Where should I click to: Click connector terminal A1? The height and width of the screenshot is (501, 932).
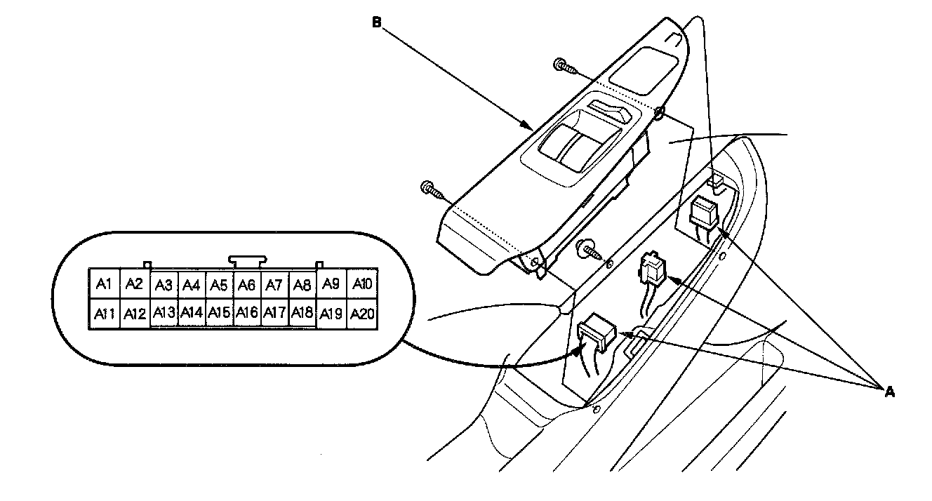coord(104,284)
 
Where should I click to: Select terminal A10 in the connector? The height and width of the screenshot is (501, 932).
coord(362,284)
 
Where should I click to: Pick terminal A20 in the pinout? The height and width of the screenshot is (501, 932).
coord(362,313)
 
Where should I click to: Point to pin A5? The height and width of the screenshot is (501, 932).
coord(219,286)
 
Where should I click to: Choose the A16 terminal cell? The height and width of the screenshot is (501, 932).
coord(247,312)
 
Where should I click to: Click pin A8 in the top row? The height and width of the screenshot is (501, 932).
coord(302,286)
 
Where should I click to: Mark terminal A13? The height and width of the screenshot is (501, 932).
coord(164,312)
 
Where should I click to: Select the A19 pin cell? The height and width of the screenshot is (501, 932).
coord(333,313)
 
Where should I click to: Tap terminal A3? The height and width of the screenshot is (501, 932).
coord(164,286)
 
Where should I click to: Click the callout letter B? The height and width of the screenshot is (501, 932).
coord(376,22)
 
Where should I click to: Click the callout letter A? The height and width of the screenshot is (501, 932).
coord(890,392)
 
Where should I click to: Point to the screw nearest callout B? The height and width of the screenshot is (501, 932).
coord(566,67)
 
